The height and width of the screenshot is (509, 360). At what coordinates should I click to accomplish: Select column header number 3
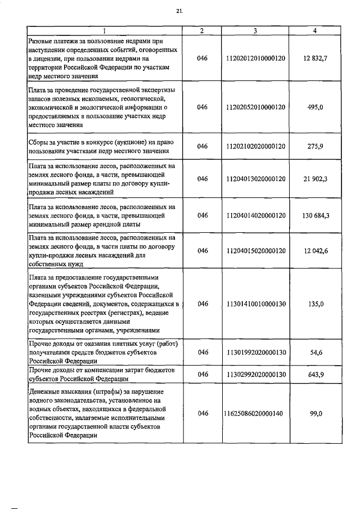tap(255, 30)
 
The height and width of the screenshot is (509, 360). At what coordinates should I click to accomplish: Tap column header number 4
tap(314, 30)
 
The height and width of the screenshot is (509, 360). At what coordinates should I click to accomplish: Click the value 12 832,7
tap(314, 58)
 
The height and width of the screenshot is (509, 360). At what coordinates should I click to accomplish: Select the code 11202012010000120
tap(255, 58)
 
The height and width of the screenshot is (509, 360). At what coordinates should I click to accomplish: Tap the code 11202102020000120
tap(255, 146)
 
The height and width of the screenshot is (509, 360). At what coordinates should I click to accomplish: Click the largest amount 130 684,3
tap(314, 215)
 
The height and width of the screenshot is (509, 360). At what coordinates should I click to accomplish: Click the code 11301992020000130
tap(255, 352)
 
